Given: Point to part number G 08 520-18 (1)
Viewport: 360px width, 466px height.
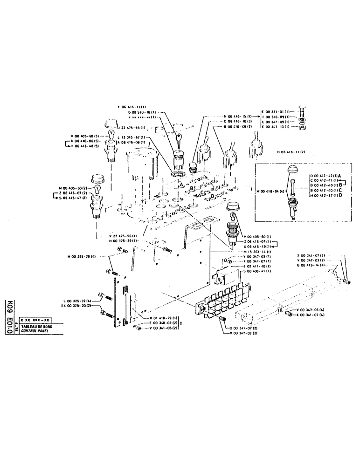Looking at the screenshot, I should [x=142, y=112].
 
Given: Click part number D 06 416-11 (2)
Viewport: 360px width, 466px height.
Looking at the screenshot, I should [x=291, y=152].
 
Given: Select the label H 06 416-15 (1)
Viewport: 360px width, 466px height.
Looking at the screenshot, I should [x=238, y=116].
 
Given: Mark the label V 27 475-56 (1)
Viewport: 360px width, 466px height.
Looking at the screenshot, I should [x=122, y=236].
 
